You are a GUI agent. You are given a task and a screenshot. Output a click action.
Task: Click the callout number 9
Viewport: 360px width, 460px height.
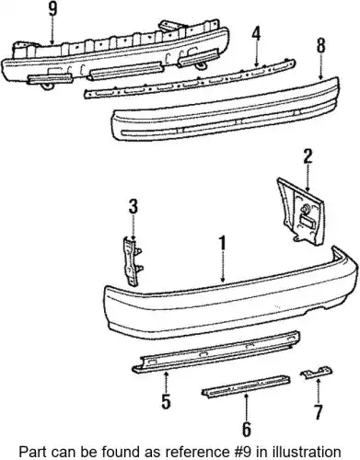(52, 9)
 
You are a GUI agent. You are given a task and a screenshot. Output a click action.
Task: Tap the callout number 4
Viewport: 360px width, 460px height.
(256, 34)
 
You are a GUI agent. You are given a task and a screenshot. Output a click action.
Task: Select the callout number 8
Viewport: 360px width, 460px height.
(320, 46)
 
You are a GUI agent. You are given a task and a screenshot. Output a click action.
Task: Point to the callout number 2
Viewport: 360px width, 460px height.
(308, 156)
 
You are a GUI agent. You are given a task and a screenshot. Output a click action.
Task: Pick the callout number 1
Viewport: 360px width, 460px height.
(222, 243)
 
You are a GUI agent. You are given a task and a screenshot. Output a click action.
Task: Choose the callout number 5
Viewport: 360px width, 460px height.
(166, 402)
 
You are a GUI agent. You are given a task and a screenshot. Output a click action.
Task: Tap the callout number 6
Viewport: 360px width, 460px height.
(247, 430)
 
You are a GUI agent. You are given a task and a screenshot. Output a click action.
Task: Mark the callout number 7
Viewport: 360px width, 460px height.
(318, 412)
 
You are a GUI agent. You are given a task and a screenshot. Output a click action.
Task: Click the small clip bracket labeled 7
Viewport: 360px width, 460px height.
(316, 373)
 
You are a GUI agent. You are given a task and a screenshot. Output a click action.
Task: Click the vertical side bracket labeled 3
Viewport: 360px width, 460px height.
(132, 260)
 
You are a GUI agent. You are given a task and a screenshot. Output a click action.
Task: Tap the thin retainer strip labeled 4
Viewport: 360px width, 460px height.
(190, 79)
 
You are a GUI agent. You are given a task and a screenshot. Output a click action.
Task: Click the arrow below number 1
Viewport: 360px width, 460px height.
(224, 267)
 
